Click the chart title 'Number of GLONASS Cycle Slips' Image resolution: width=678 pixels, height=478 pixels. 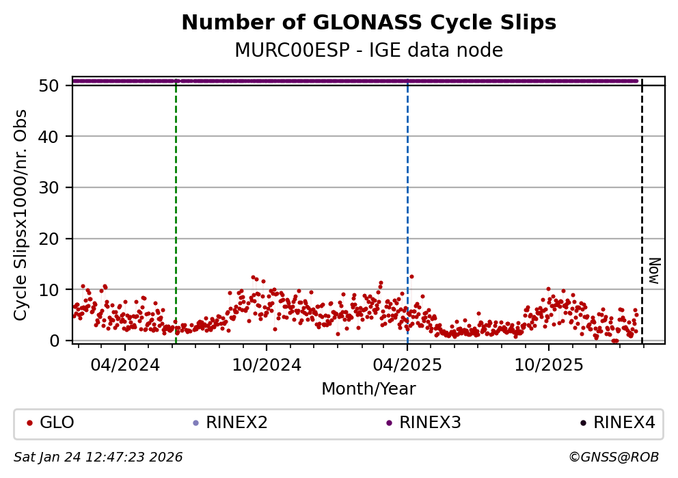[368, 23]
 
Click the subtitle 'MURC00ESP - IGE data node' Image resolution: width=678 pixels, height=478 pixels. [368, 51]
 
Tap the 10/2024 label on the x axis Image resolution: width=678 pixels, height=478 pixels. [267, 364]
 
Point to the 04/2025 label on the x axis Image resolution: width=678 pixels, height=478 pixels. [407, 364]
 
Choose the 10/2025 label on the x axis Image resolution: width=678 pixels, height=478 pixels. [549, 364]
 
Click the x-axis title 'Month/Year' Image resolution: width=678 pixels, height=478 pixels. [368, 389]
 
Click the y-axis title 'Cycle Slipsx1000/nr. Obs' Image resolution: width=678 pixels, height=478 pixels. [21, 214]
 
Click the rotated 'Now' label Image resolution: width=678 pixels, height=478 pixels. [653, 271]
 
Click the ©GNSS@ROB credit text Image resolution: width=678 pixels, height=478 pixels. [613, 457]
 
